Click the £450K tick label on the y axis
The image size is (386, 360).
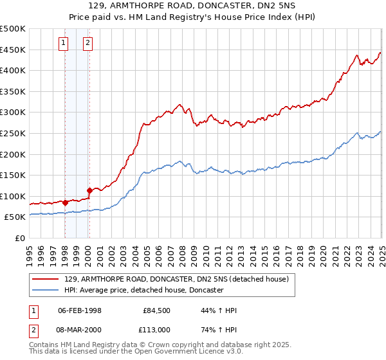[13, 50]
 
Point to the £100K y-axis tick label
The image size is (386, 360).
[13, 196]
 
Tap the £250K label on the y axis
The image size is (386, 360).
[13, 133]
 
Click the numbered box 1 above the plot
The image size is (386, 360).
[64, 44]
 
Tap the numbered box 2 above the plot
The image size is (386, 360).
[87, 44]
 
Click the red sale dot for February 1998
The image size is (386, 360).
[66, 203]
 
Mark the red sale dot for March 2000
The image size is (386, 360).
[90, 190]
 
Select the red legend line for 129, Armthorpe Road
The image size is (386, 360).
[46, 279]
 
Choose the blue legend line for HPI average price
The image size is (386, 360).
[46, 291]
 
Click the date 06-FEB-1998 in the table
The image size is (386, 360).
[79, 311]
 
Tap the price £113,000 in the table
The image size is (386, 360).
[156, 329]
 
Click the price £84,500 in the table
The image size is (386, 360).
[156, 311]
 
